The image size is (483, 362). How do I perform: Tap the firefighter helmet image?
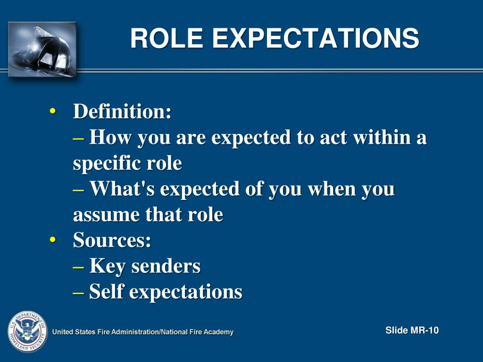[x=42, y=49]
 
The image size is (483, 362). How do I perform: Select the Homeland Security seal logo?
[x=27, y=331]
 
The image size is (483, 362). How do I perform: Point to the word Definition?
[x=122, y=112]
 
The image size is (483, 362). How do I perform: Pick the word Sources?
[x=112, y=240]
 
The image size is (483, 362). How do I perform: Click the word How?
[x=109, y=138]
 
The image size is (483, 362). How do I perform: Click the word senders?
[x=166, y=266]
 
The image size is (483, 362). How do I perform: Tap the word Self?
[x=107, y=292]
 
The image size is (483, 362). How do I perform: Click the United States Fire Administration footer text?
[x=142, y=332]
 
